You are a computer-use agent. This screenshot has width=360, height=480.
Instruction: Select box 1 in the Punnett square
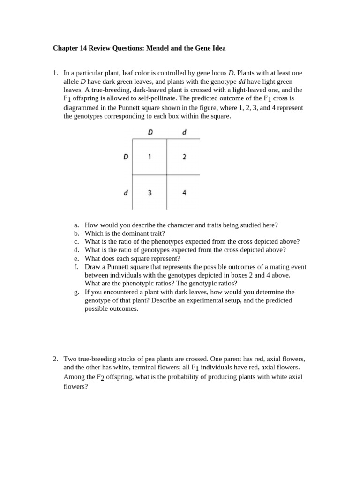tap(150, 157)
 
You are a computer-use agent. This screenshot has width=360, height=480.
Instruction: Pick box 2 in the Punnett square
tap(184, 157)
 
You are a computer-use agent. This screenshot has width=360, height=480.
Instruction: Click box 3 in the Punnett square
tap(150, 192)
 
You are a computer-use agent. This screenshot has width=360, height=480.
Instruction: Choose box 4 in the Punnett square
tap(184, 192)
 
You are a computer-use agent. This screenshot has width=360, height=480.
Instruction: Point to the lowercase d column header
tap(184, 132)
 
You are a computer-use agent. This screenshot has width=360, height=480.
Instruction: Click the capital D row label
tap(126, 157)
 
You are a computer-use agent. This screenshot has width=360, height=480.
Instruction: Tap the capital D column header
tap(150, 132)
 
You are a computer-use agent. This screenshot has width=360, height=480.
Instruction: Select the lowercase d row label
tap(126, 192)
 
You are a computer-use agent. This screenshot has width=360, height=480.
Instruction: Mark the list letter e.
tap(76, 258)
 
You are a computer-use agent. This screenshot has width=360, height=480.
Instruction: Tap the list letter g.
tap(76, 292)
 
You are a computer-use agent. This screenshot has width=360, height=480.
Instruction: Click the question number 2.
tap(55, 359)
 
